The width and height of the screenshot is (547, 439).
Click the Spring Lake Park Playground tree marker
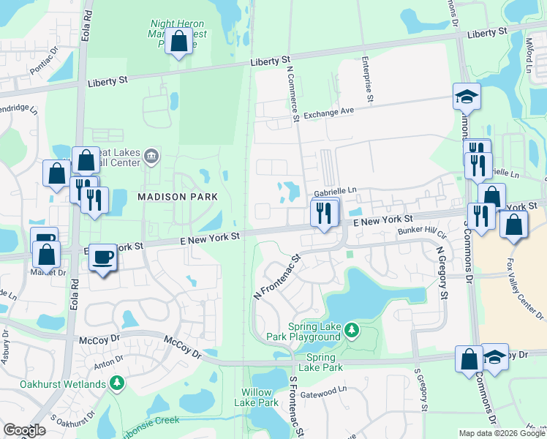tap(352, 331)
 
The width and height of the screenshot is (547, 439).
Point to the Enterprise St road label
tap(368, 81)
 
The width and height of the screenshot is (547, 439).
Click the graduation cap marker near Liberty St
tap(465, 96)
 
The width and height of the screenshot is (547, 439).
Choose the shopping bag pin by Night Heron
tap(178, 42)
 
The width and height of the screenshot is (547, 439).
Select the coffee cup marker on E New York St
tap(103, 258)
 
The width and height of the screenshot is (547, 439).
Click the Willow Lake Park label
tap(256, 397)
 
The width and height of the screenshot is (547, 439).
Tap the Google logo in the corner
tap(24, 430)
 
